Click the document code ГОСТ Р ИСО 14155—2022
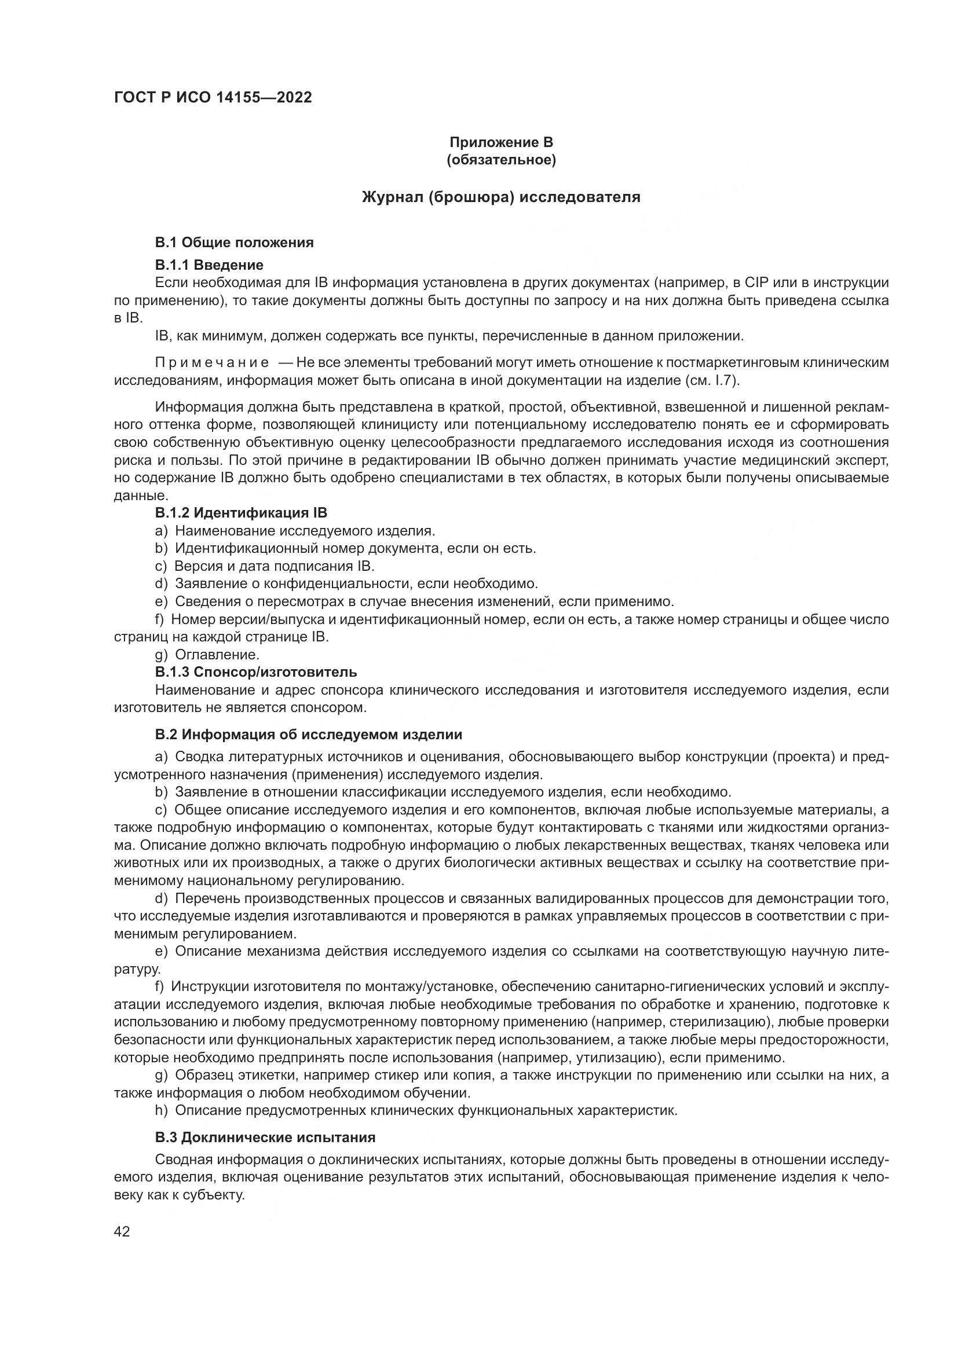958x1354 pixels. (x=213, y=97)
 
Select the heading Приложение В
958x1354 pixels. (x=501, y=142)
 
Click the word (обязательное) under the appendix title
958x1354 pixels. (x=501, y=160)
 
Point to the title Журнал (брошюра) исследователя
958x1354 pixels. (x=501, y=197)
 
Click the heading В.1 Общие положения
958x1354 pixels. (x=234, y=243)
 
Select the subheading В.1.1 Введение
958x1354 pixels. (x=209, y=265)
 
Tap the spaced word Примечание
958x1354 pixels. (x=212, y=363)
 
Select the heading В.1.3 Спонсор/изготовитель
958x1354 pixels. (x=256, y=672)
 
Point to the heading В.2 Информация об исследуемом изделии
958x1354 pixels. (x=309, y=735)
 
